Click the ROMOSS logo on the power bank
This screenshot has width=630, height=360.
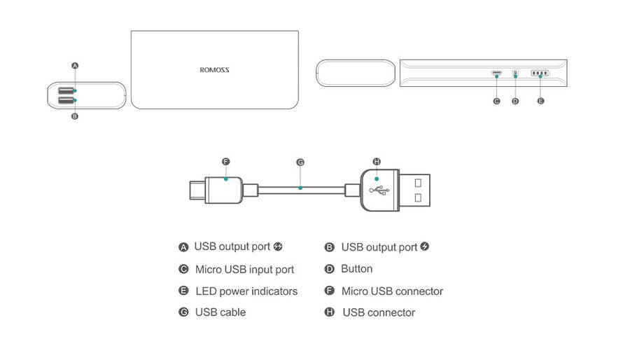(214, 69)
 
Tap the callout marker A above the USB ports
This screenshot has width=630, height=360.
(75, 65)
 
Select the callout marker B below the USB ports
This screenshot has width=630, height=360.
(75, 117)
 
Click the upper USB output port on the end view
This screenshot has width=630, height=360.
(66, 91)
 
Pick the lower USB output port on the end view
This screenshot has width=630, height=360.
(66, 101)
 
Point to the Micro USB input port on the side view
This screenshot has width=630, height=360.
(497, 73)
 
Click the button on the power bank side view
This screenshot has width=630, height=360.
(516, 73)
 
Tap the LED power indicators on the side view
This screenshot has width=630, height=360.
(540, 73)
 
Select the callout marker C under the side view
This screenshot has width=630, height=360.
(496, 102)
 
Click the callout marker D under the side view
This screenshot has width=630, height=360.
(516, 102)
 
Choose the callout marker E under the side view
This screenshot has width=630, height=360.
(540, 102)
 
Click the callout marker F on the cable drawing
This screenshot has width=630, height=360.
(225, 162)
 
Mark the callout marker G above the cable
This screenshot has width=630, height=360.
(300, 162)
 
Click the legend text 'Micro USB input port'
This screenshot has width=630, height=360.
(244, 270)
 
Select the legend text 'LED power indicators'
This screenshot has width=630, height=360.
(246, 291)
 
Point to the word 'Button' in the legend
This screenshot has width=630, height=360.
(356, 269)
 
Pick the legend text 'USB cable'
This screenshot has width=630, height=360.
(220, 312)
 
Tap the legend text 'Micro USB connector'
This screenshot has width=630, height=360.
(392, 291)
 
